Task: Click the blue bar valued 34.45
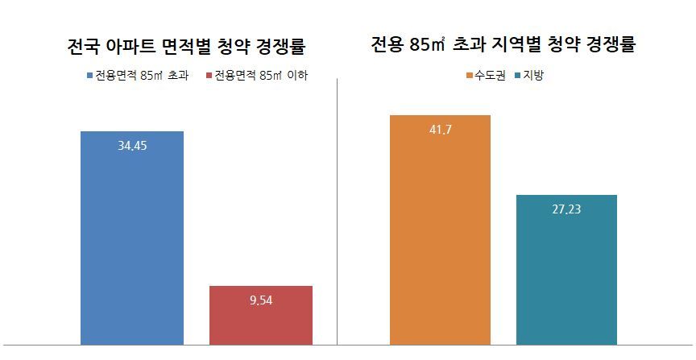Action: point(132,242)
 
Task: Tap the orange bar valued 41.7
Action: point(440,234)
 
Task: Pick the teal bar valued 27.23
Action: point(566,274)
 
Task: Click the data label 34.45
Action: point(132,146)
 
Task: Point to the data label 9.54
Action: point(260,301)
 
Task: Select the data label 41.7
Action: point(440,130)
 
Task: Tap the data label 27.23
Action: point(566,209)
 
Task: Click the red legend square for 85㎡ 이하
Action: point(209,77)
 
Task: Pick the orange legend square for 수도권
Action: point(470,77)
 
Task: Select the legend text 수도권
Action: point(491,77)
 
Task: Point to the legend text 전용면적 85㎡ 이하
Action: point(262,77)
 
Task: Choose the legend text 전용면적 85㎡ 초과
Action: point(142,77)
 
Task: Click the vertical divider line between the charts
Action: point(336,209)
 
